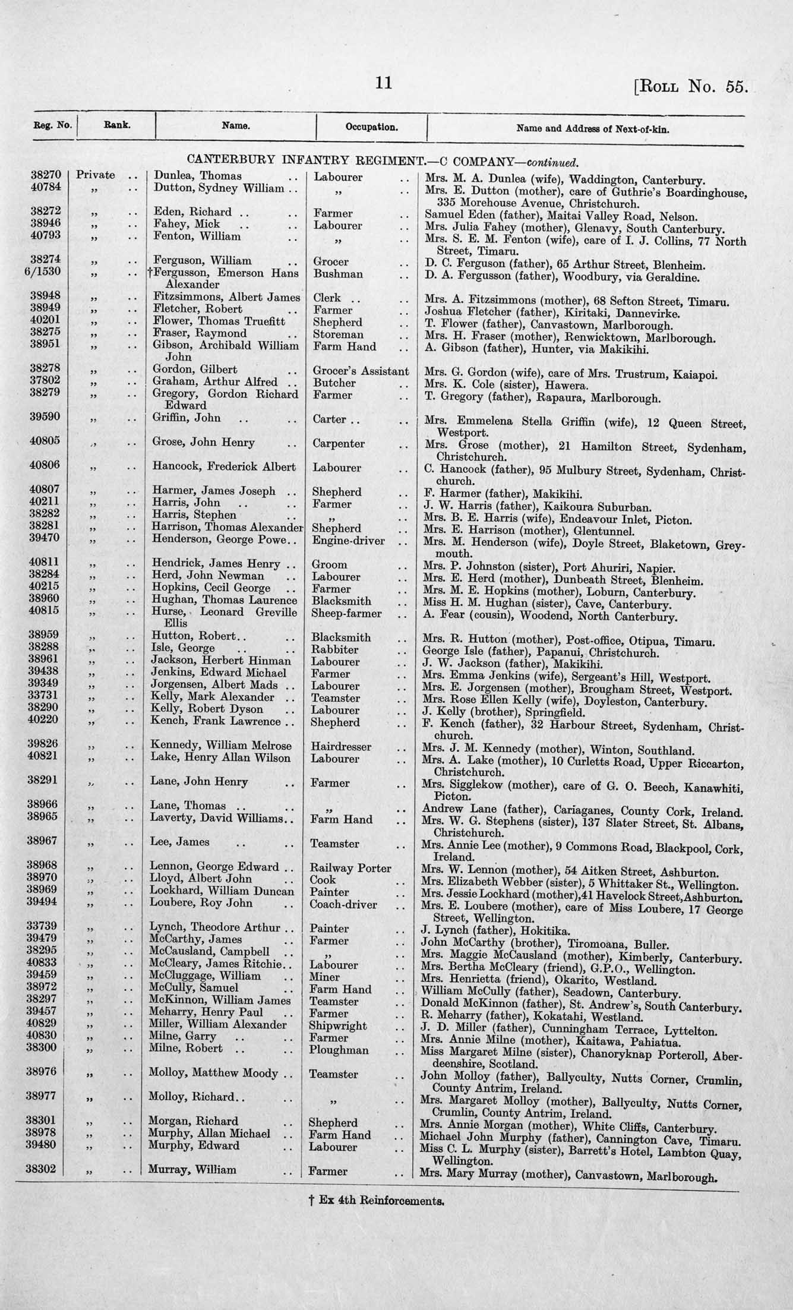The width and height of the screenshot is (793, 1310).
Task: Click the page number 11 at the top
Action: pyautogui.click(x=384, y=83)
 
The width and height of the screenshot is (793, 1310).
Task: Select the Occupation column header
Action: pyautogui.click(x=372, y=127)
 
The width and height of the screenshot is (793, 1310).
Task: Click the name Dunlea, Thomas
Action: pyautogui.click(x=197, y=176)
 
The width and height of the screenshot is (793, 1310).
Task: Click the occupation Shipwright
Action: pyautogui.click(x=337, y=1025)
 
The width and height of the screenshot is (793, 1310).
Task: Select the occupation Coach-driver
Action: pyautogui.click(x=347, y=904)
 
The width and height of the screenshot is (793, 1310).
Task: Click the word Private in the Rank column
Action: pyautogui.click(x=96, y=175)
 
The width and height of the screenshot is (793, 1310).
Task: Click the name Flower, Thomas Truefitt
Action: pyautogui.click(x=219, y=321)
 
